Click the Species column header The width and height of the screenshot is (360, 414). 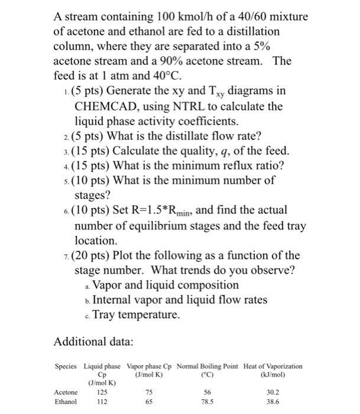pos(67,366)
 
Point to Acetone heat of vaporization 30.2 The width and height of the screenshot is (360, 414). pos(272,392)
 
